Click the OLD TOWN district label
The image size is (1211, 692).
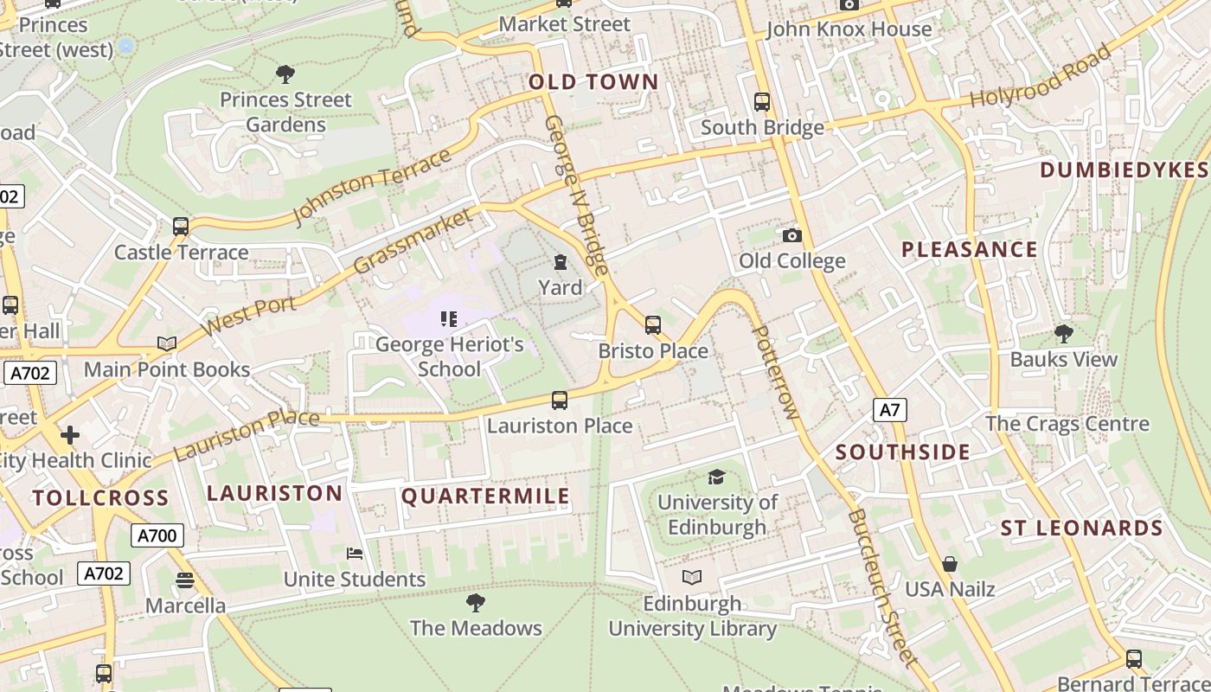[593, 82]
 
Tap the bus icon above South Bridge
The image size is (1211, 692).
[762, 102]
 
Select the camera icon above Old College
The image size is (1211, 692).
[791, 235]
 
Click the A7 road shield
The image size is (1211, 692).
[890, 410]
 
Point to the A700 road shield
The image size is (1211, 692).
[157, 535]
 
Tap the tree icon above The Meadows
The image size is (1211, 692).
[475, 602]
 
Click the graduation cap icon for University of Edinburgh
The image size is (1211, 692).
[716, 477]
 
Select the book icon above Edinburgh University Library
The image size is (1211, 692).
[691, 577]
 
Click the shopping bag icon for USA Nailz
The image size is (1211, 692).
[950, 564]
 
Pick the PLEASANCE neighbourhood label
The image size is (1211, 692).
[969, 250]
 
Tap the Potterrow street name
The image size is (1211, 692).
[775, 372]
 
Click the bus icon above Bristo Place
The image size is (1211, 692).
[653, 325]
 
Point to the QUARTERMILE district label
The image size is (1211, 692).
[485, 496]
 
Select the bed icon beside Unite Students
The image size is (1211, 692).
[354, 554]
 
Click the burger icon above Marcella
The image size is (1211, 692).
[184, 580]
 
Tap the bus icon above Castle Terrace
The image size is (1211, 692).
[181, 227]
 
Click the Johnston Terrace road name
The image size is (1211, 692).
[372, 187]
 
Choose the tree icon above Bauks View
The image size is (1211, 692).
[1063, 333]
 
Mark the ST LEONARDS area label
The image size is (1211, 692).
[1081, 529]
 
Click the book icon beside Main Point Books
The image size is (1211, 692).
[167, 343]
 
